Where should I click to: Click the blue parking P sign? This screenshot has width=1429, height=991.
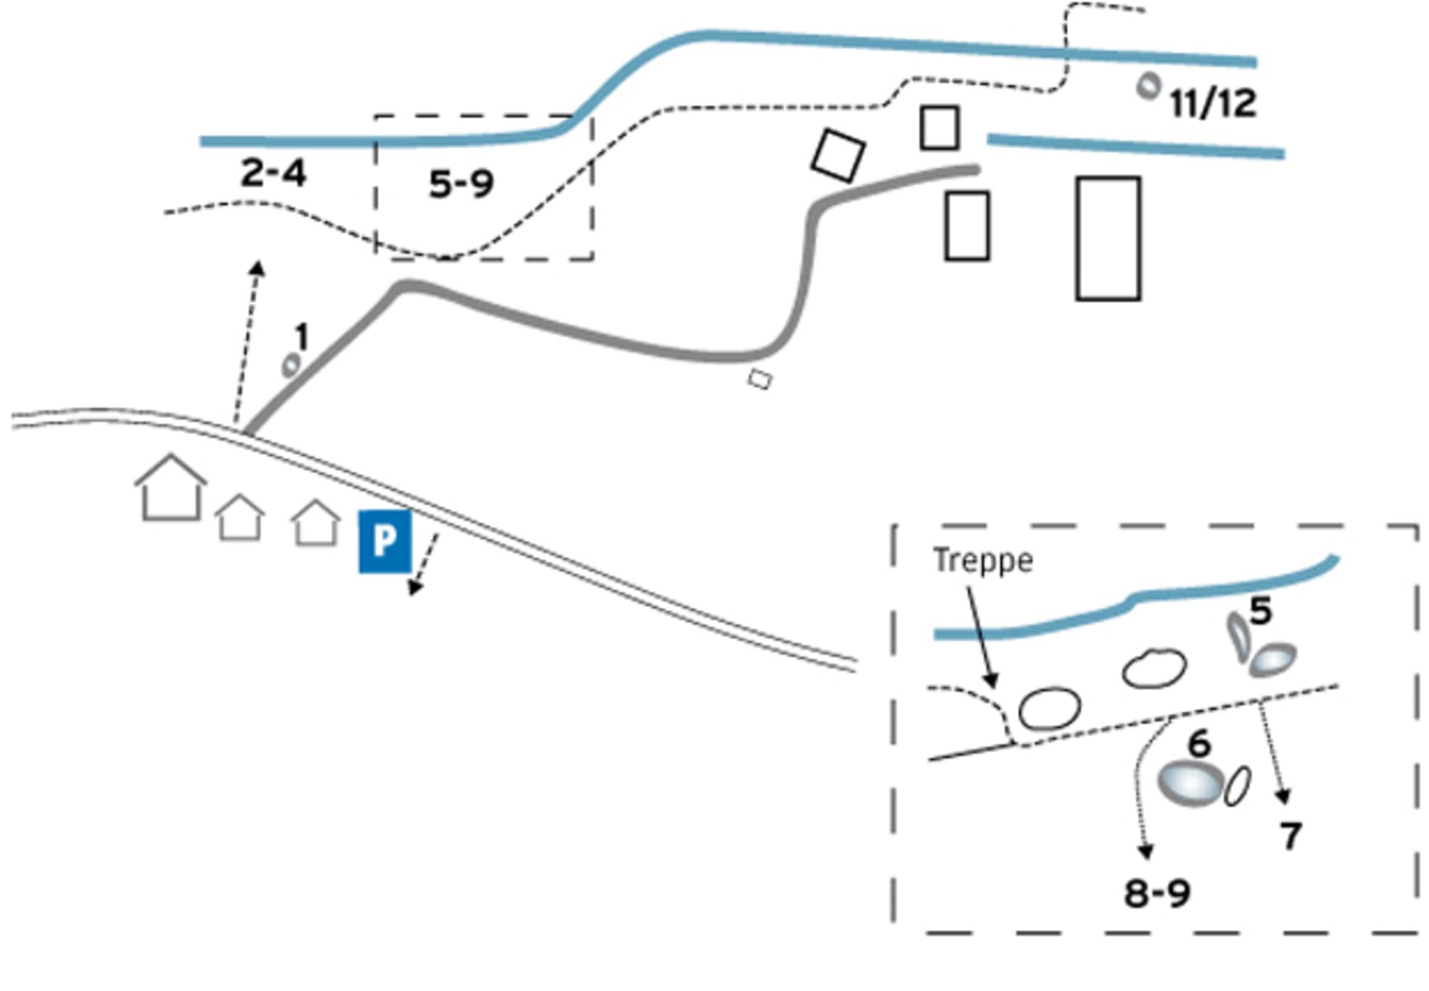coord(384,541)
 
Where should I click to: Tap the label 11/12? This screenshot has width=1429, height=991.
coord(1212,103)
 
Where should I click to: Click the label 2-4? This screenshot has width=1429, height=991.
coord(273,173)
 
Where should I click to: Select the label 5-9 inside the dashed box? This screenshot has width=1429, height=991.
coord(461,183)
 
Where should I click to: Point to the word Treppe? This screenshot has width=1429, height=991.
coord(982,561)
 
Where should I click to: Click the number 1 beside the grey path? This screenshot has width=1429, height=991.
coord(302,337)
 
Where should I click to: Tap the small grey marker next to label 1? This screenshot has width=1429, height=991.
coord(291,365)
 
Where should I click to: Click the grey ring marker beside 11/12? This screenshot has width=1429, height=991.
coord(1148,85)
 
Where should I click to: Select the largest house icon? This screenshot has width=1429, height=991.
coord(171,489)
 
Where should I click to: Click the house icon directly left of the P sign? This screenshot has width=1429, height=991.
coord(316,524)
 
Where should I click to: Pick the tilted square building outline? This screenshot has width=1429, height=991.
coord(838,154)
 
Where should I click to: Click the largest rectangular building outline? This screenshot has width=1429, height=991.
coord(1108,238)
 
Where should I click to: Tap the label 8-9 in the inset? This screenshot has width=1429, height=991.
coord(1156,893)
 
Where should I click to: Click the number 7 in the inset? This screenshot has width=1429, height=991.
coord(1290,836)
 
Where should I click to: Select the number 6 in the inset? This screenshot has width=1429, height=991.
coord(1199,744)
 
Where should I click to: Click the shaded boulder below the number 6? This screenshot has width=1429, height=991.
coord(1190,782)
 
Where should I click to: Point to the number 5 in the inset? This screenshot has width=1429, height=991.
coord(1260,611)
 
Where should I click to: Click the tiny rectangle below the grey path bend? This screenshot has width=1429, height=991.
coord(760,379)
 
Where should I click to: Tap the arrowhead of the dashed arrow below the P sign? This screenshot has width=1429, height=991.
coord(415,587)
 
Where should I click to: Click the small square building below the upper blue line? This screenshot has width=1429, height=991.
coord(939,128)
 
